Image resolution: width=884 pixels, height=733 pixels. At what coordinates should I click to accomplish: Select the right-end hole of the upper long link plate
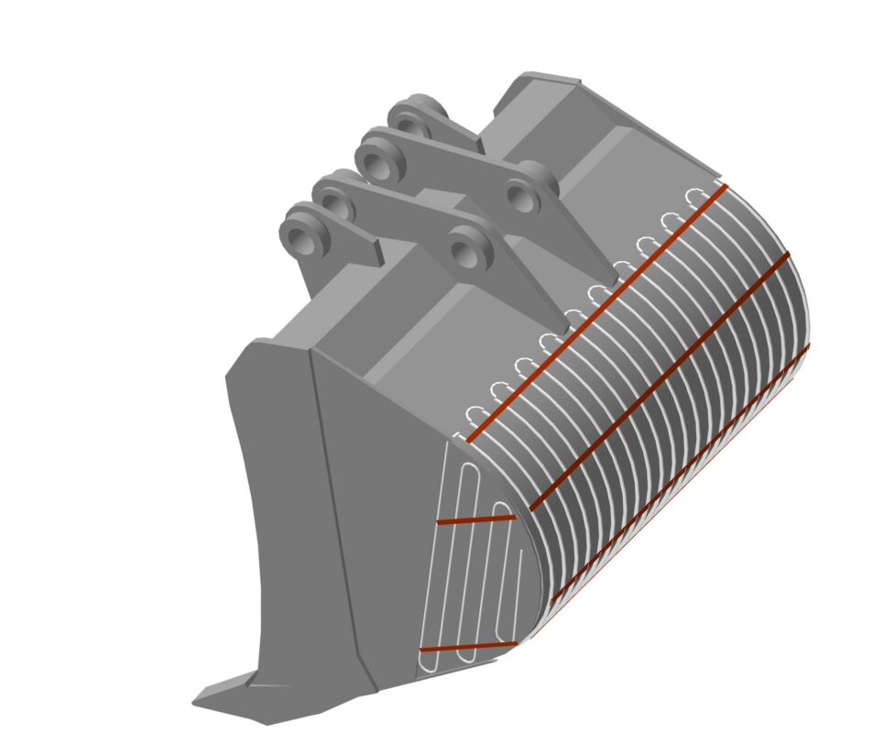pos(523,193)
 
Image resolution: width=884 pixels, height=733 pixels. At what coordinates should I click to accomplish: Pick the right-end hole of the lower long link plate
pos(466,248)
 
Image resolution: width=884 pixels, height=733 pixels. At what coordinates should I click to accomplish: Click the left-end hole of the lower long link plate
pos(333,208)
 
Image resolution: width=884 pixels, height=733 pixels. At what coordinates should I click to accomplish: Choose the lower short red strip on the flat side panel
pos(467,647)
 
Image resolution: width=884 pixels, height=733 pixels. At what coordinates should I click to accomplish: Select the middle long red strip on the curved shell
pos(660,380)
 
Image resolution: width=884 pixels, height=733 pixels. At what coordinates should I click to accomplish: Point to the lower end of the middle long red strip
pos(533,509)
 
